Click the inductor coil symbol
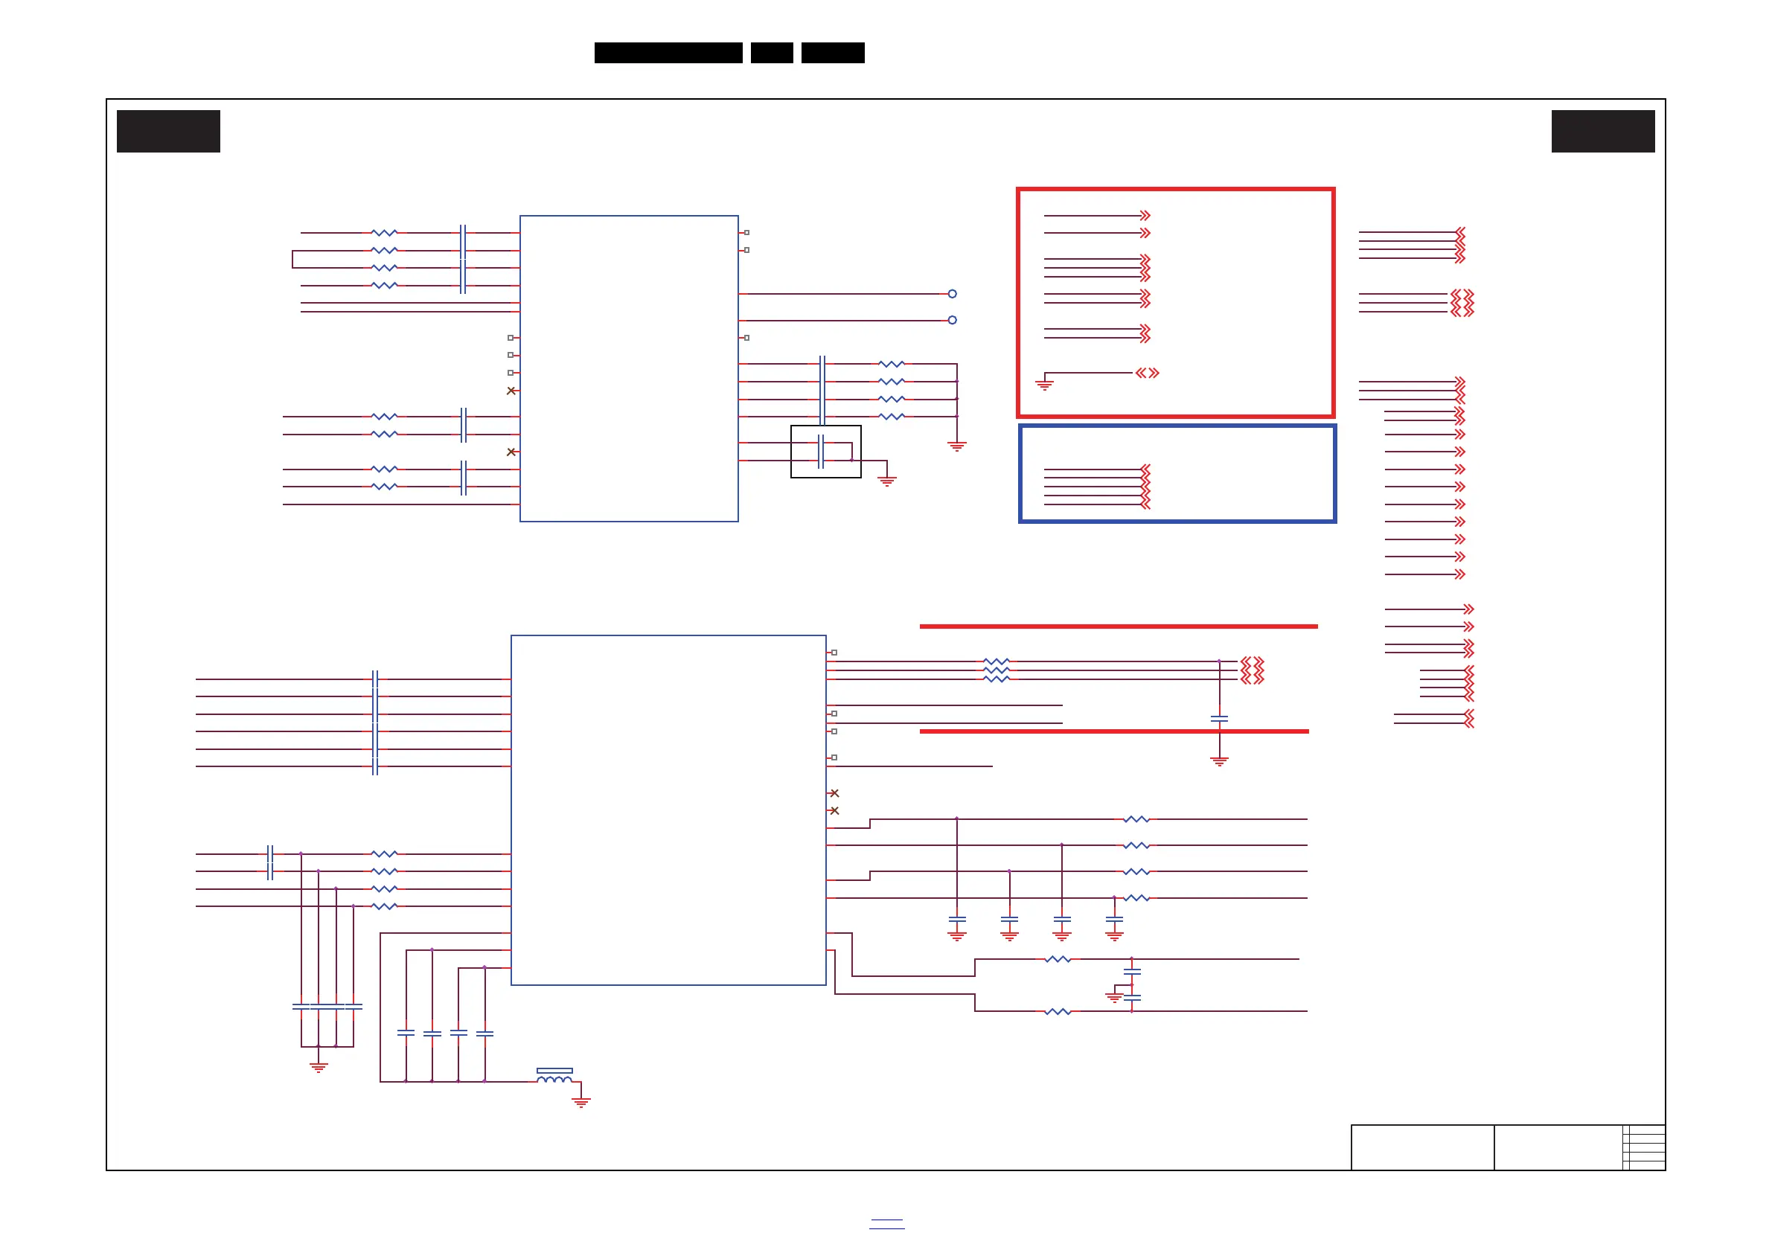click(554, 1078)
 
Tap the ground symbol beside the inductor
click(581, 1102)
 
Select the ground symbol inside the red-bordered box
click(1044, 384)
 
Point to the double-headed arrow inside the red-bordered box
click(1148, 373)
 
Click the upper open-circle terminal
click(953, 294)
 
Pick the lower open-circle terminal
click(953, 320)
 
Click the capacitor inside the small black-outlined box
click(821, 452)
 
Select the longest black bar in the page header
click(668, 53)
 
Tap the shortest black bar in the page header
click(772, 53)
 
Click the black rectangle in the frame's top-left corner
click(168, 131)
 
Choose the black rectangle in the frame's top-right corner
click(1603, 131)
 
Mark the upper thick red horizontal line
click(1119, 626)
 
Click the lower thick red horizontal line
click(1113, 731)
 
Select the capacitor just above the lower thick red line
click(1219, 718)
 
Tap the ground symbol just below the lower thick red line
click(1219, 761)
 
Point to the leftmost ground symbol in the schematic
click(319, 1068)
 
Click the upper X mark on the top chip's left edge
click(511, 391)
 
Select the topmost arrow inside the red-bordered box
click(1145, 215)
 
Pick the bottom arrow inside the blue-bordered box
click(1145, 504)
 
